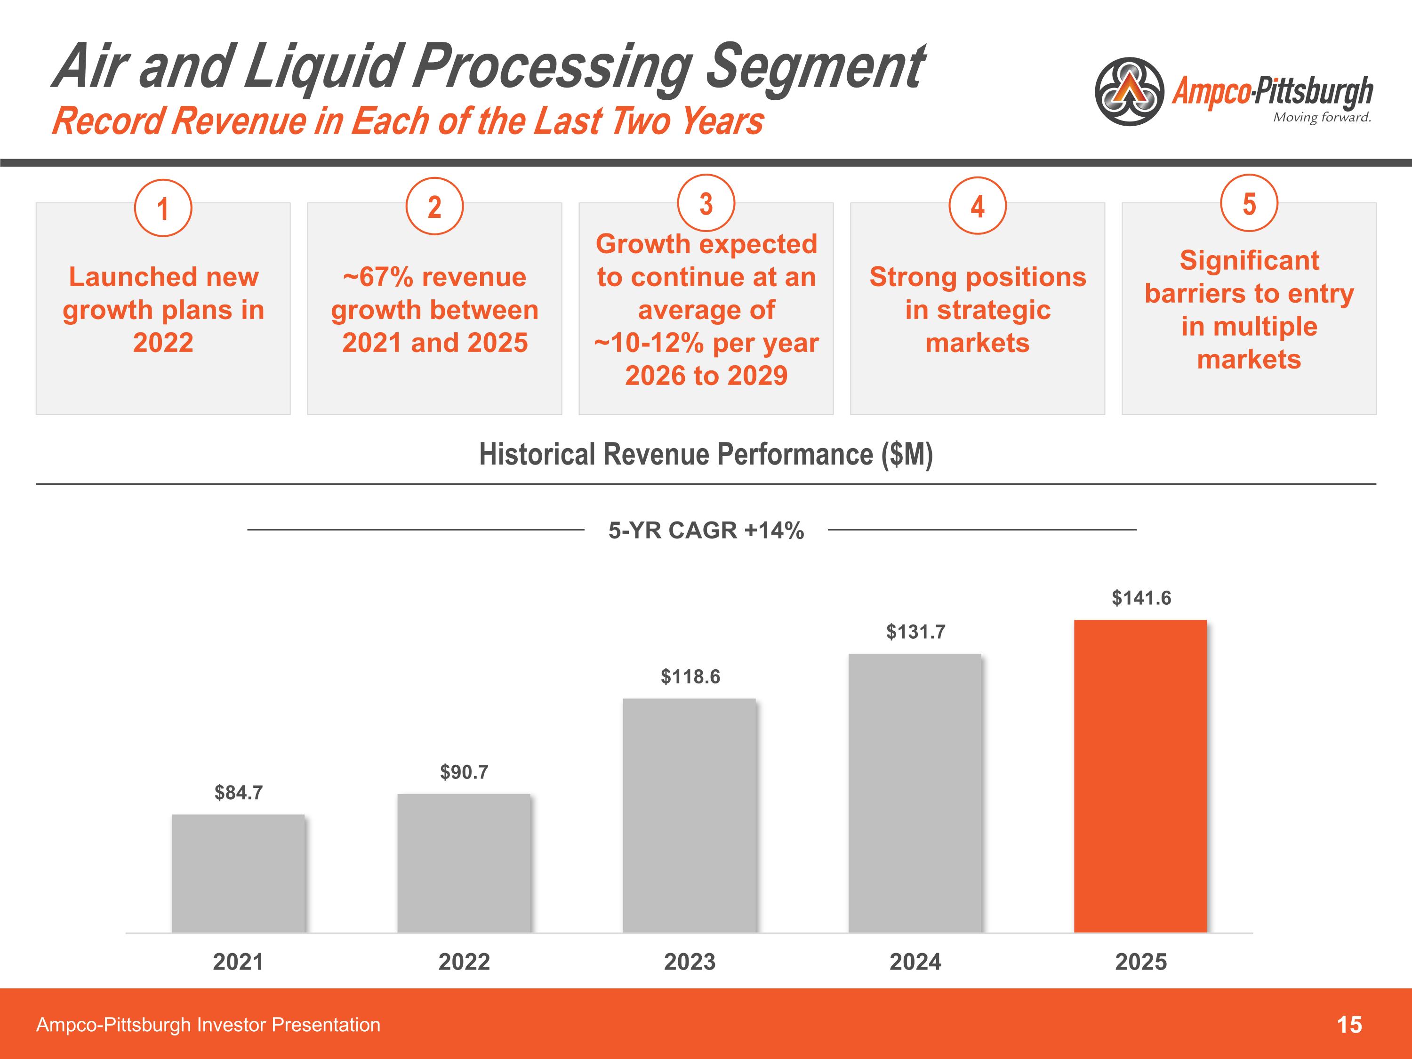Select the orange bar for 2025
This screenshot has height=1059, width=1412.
[x=1140, y=776]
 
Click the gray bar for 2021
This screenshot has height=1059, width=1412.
[x=238, y=873]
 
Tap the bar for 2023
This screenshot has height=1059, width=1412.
[x=690, y=815]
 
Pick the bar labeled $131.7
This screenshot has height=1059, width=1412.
[x=915, y=793]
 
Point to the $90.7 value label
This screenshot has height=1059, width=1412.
[x=464, y=772]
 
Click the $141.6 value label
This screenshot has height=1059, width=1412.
[x=1141, y=598]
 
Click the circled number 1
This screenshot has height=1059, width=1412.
[x=163, y=209]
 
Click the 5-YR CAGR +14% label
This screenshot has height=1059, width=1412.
[x=706, y=530]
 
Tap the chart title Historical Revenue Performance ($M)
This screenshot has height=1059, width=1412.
[x=706, y=455]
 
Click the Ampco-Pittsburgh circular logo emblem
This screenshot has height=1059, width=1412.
[x=1130, y=92]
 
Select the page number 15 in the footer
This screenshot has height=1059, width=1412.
[x=1349, y=1025]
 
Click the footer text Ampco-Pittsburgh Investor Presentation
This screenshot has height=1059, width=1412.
[x=208, y=1025]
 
